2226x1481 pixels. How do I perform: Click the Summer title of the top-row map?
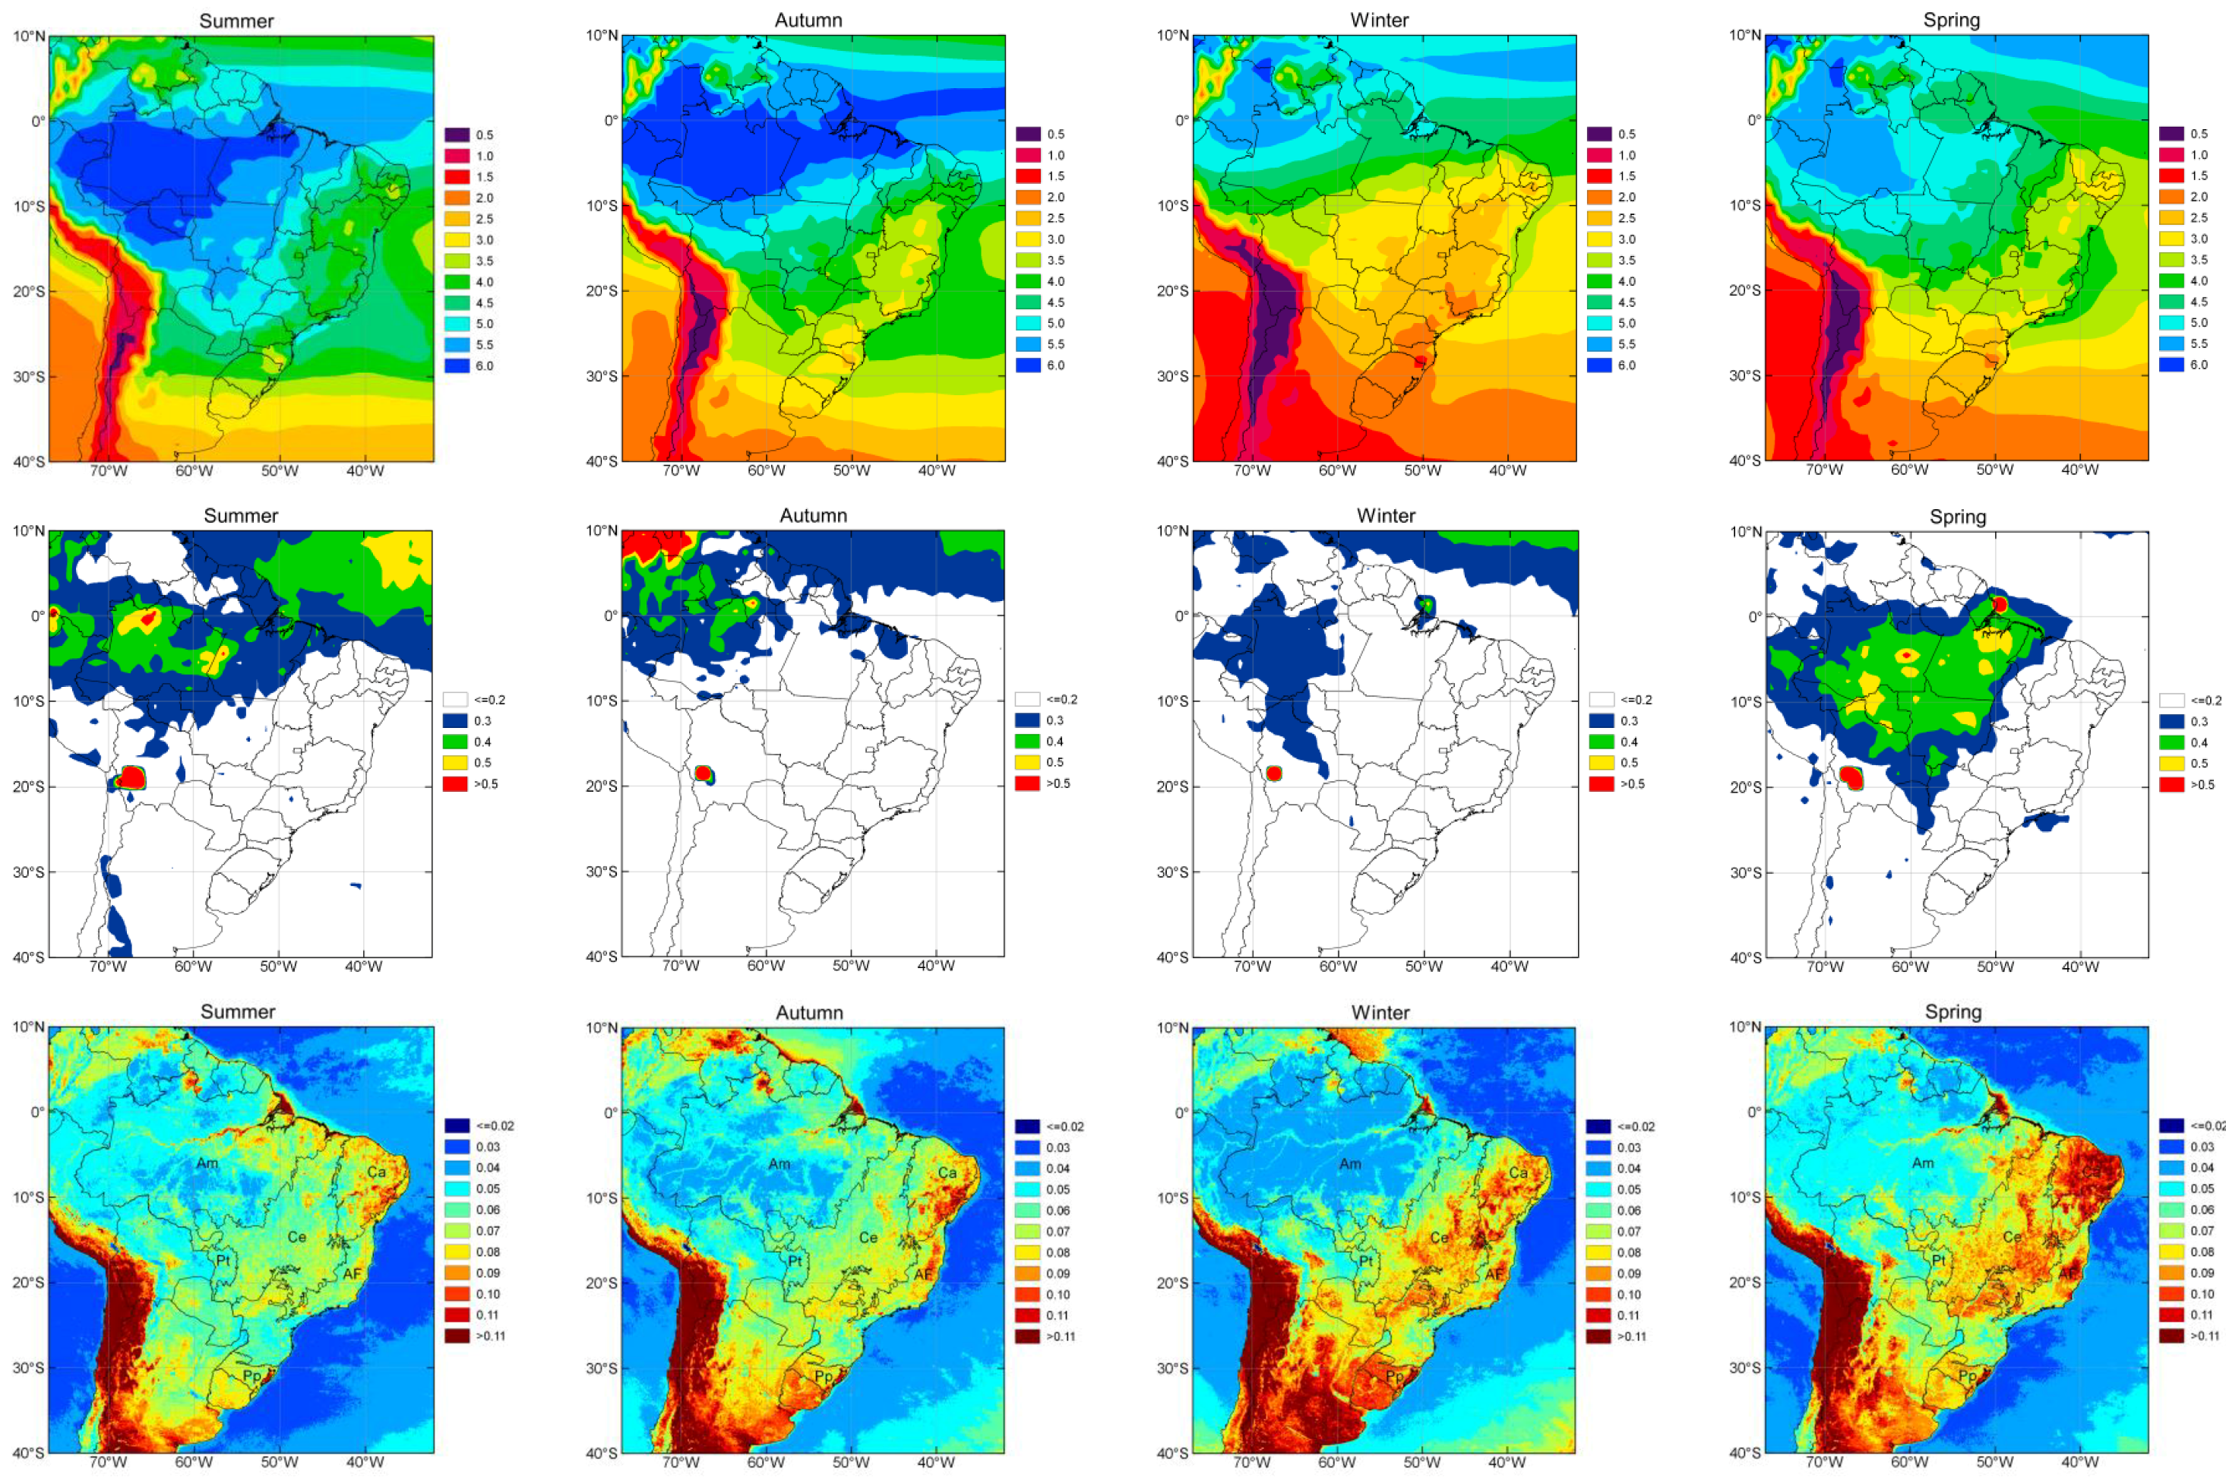tap(236, 21)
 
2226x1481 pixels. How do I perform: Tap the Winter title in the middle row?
tap(1386, 516)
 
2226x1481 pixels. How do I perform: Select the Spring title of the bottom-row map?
tap(1953, 1011)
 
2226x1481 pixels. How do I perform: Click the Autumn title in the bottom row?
tap(809, 1012)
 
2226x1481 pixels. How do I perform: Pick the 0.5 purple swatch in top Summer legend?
tap(457, 135)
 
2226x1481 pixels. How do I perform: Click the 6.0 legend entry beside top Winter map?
tap(1599, 366)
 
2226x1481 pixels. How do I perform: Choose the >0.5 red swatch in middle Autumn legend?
tap(1027, 783)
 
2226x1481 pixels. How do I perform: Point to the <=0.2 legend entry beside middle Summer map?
tap(456, 700)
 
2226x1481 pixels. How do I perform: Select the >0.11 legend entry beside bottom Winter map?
tap(1599, 1337)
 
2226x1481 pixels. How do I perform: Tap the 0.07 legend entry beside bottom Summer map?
tap(457, 1231)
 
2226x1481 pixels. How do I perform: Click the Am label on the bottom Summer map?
tap(207, 1163)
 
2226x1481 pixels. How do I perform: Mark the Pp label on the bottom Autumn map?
tap(824, 1376)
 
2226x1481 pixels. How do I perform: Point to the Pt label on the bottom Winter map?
tap(1366, 1261)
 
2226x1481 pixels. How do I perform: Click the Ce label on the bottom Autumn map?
tap(868, 1237)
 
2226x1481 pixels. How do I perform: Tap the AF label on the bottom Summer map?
tap(353, 1274)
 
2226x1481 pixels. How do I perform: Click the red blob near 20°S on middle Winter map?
tap(1273, 774)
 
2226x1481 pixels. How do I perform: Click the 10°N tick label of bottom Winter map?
tap(1172, 1027)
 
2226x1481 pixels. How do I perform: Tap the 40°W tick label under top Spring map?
tap(2079, 470)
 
